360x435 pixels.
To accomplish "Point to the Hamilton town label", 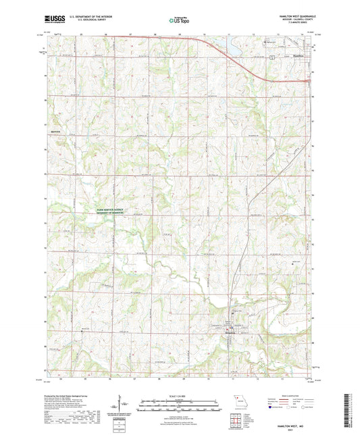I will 301,56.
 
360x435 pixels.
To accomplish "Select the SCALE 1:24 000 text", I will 180,395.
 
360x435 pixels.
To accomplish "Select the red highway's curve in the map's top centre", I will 203,40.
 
